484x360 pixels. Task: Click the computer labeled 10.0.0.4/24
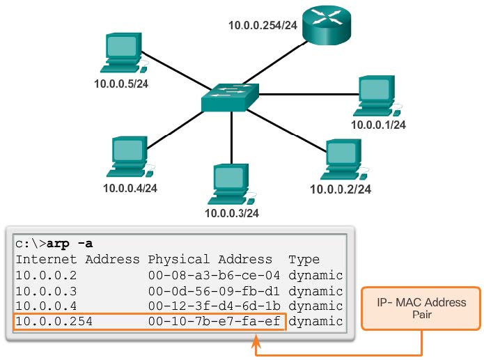131,157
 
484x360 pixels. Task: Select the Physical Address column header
210,260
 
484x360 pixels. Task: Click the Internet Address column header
77,260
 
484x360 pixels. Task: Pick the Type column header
304,260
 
